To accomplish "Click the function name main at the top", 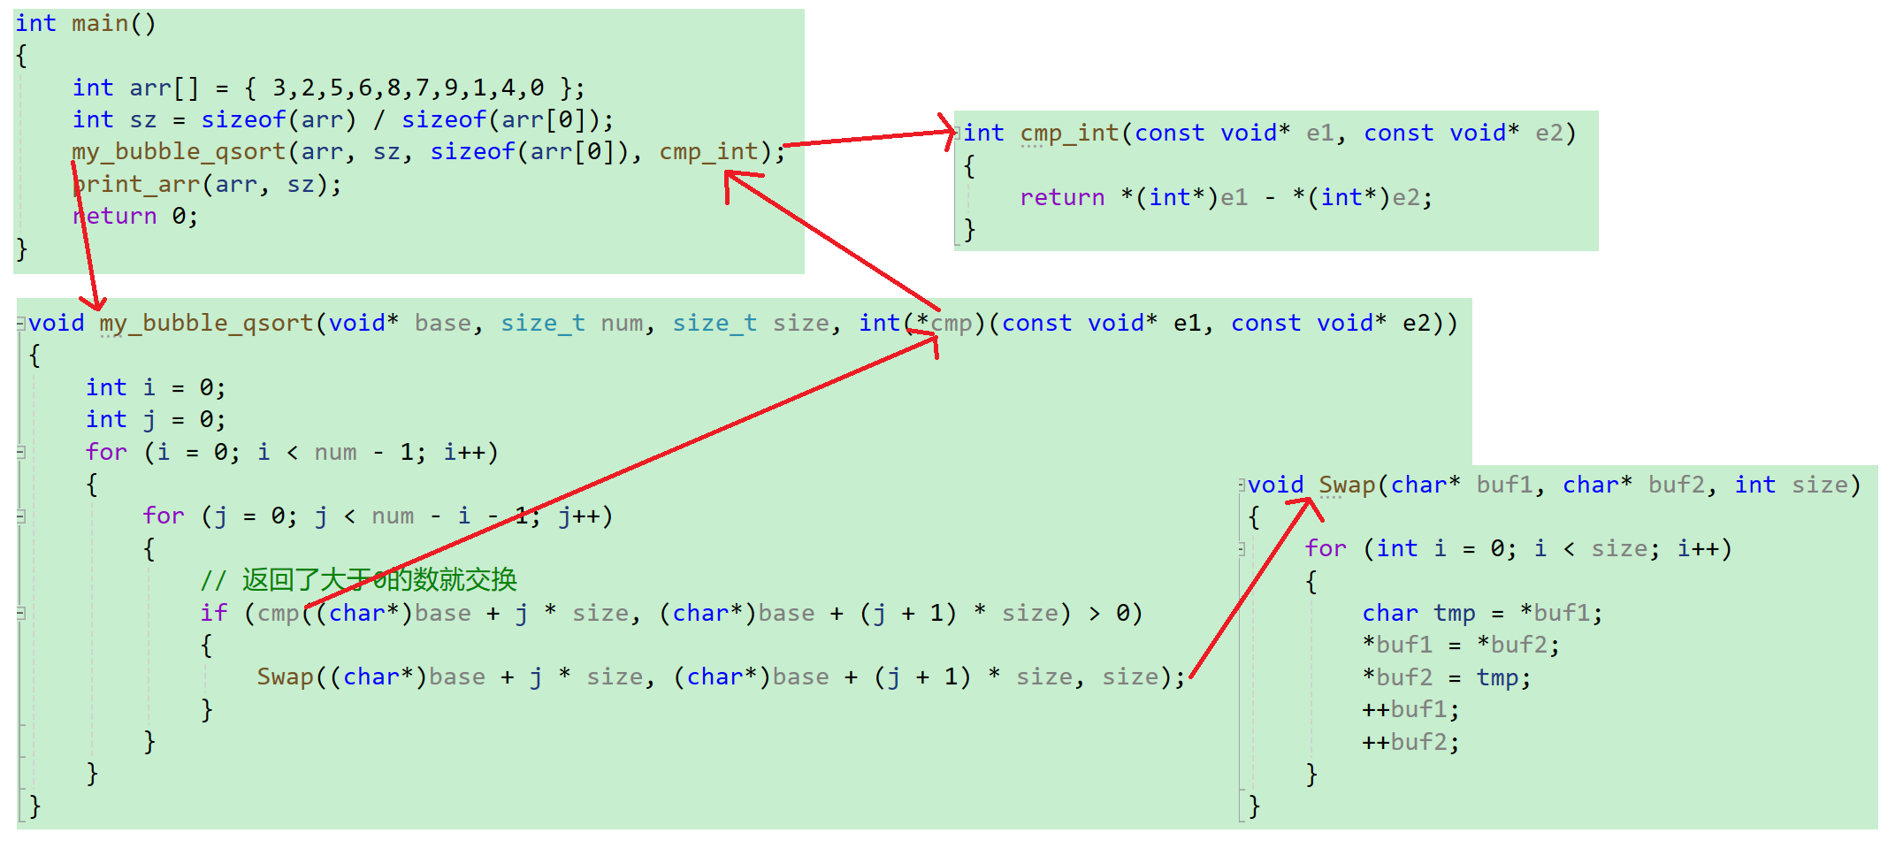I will (100, 24).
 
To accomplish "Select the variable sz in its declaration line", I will (142, 120).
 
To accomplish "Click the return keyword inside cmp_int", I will (1061, 198).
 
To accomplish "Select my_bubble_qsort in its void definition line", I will (205, 324).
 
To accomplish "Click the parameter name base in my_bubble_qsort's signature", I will (442, 324).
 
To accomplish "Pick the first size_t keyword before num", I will (542, 324).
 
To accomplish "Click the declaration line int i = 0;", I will (156, 388).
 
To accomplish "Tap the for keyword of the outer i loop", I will (106, 453).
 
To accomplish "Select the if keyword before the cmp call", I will (213, 614).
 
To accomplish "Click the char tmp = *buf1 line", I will (1482, 614).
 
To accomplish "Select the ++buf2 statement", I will (1410, 743).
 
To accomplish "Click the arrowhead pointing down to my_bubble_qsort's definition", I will (94, 305).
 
